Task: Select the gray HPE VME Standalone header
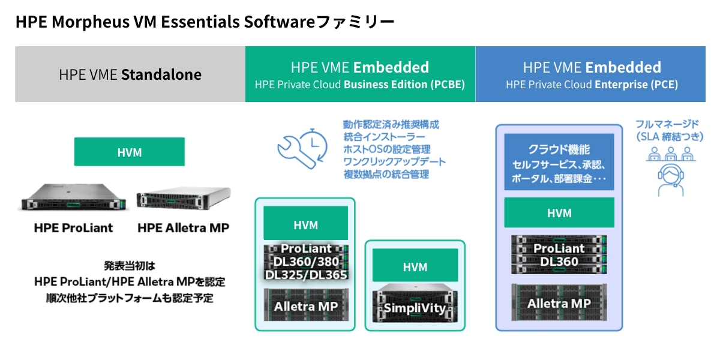[130, 74]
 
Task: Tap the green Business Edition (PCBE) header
[360, 74]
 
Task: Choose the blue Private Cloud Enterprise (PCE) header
[591, 74]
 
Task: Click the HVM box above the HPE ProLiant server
[130, 152]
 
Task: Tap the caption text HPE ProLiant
[73, 228]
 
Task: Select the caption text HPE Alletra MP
[183, 228]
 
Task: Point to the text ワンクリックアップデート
[394, 162]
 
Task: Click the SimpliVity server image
[415, 305]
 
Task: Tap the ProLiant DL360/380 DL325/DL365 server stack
[306, 262]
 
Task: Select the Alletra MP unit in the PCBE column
[306, 305]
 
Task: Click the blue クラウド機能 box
[559, 162]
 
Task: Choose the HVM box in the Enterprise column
[559, 212]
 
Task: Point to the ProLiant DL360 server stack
[559, 254]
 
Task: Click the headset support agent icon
[670, 174]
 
